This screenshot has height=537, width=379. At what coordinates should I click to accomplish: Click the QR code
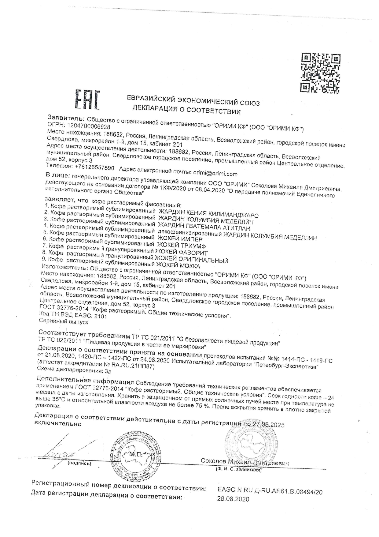click(x=321, y=73)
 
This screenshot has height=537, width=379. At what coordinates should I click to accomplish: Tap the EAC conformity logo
click(x=88, y=100)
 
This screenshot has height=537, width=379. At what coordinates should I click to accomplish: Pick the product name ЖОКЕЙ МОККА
click(x=178, y=266)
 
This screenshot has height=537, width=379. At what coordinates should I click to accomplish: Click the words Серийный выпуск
click(x=64, y=322)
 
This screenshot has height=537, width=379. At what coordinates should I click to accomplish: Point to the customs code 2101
click(x=101, y=316)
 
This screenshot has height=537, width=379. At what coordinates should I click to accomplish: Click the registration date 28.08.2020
click(x=233, y=499)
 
